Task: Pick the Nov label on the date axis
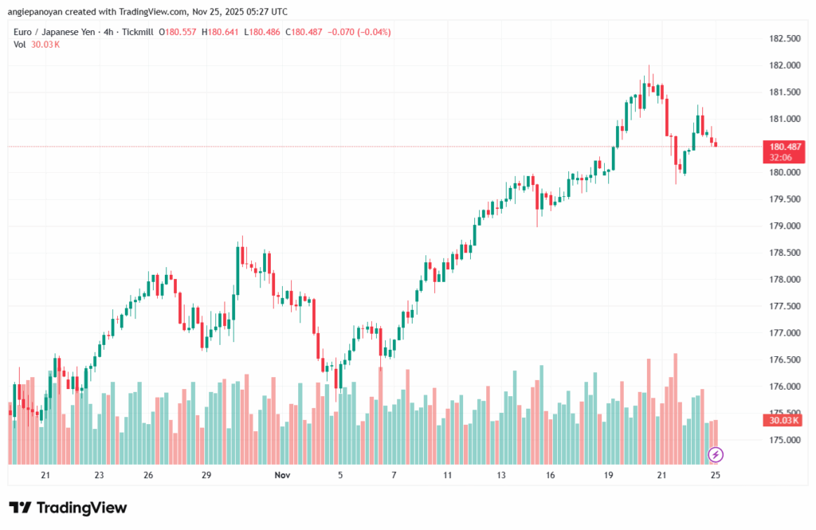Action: click(x=282, y=475)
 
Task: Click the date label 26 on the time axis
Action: click(x=148, y=475)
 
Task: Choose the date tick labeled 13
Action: click(x=501, y=475)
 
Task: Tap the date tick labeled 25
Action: click(x=716, y=475)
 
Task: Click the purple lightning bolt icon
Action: click(x=716, y=454)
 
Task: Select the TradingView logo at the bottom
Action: click(x=68, y=508)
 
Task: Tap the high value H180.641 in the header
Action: click(x=224, y=32)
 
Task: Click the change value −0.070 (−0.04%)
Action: click(x=357, y=32)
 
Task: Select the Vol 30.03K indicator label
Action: click(x=37, y=44)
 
